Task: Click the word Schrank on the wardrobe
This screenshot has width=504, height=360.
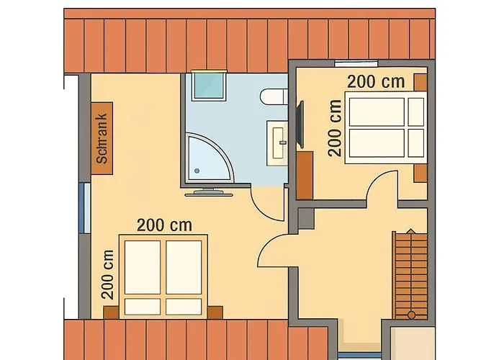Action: pyautogui.click(x=102, y=138)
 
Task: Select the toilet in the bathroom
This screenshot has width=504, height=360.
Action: pyautogui.click(x=273, y=97)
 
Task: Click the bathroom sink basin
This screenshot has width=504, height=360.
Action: pyautogui.click(x=278, y=141)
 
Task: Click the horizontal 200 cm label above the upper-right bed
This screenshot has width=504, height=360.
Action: pyautogui.click(x=375, y=81)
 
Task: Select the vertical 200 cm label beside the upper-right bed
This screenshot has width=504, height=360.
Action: pyautogui.click(x=334, y=127)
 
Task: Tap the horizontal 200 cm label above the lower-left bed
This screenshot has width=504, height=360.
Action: pyautogui.click(x=165, y=225)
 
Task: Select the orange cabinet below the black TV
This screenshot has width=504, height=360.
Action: pyautogui.click(x=305, y=174)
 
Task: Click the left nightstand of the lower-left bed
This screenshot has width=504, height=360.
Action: pyautogui.click(x=112, y=312)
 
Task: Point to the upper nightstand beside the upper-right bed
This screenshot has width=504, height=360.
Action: pyautogui.click(x=420, y=82)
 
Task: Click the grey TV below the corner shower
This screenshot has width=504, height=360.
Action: pyautogui.click(x=208, y=192)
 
